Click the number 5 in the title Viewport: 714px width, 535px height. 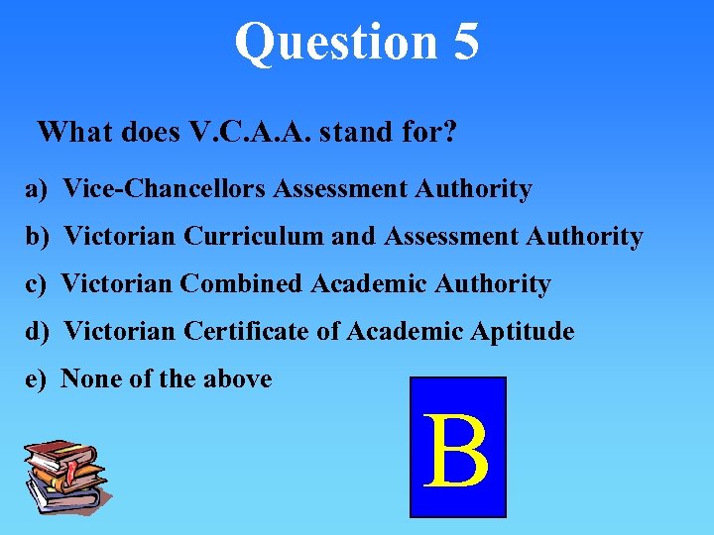pyautogui.click(x=463, y=42)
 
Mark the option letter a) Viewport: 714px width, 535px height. pyautogui.click(x=37, y=188)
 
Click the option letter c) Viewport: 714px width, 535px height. pyautogui.click(x=36, y=284)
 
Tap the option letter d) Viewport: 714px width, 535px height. pyautogui.click(x=37, y=332)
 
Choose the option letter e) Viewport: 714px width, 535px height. pyautogui.click(x=36, y=378)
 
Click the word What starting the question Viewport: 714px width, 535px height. pyautogui.click(x=75, y=132)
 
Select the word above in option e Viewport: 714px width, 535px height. pyautogui.click(x=237, y=378)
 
